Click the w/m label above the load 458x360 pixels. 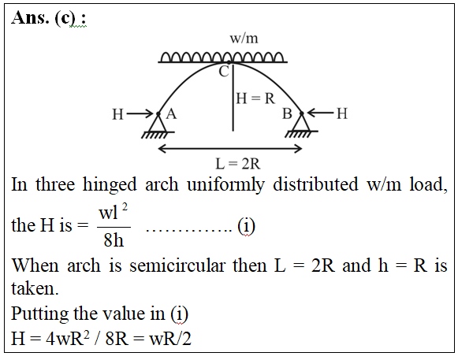244,39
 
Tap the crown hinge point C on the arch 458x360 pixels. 229,62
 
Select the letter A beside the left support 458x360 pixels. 171,113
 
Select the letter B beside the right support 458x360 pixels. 287,113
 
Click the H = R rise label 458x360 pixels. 255,98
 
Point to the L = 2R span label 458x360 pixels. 237,164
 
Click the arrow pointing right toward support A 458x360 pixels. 140,113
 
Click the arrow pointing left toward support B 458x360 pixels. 320,113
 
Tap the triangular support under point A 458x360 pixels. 158,124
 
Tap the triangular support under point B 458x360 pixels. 301,124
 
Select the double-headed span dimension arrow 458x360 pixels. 230,149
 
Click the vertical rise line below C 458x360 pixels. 233,98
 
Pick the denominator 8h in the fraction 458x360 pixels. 114,240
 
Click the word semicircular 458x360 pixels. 177,265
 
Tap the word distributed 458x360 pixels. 315,184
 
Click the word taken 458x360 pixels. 35,288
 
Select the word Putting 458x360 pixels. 39,315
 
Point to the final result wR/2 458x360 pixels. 170,339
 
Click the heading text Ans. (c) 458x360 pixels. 49,18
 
